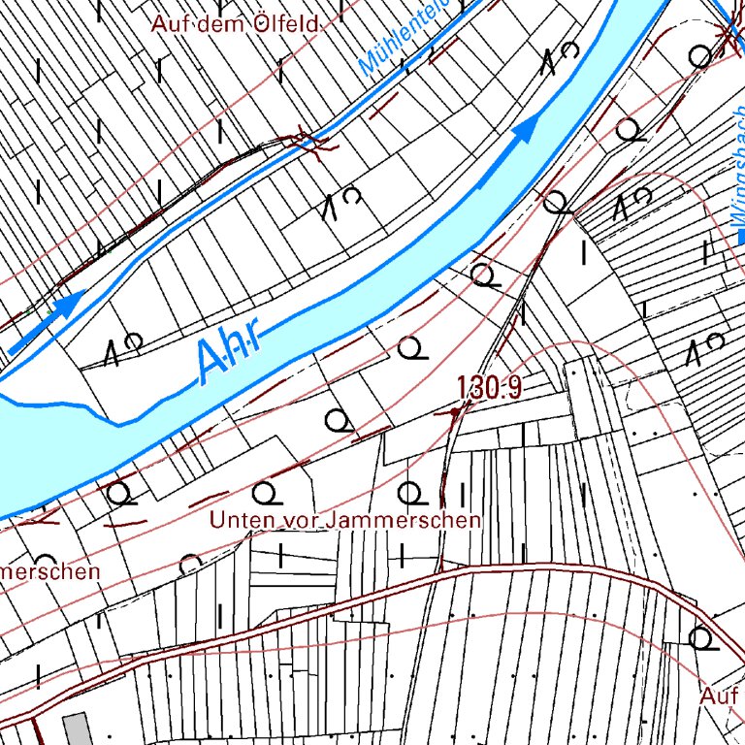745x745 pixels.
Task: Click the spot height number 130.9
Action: [x=490, y=388]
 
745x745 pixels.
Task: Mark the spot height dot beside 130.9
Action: [x=454, y=412]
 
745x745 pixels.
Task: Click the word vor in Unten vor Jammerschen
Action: [x=303, y=520]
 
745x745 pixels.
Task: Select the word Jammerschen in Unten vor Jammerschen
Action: [x=404, y=520]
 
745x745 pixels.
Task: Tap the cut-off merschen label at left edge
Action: [x=49, y=571]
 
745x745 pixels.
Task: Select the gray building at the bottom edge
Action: [x=76, y=729]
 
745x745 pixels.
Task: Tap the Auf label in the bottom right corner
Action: [x=719, y=696]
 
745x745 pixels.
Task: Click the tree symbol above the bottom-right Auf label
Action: [x=700, y=637]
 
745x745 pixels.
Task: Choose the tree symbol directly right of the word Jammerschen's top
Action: [x=411, y=492]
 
